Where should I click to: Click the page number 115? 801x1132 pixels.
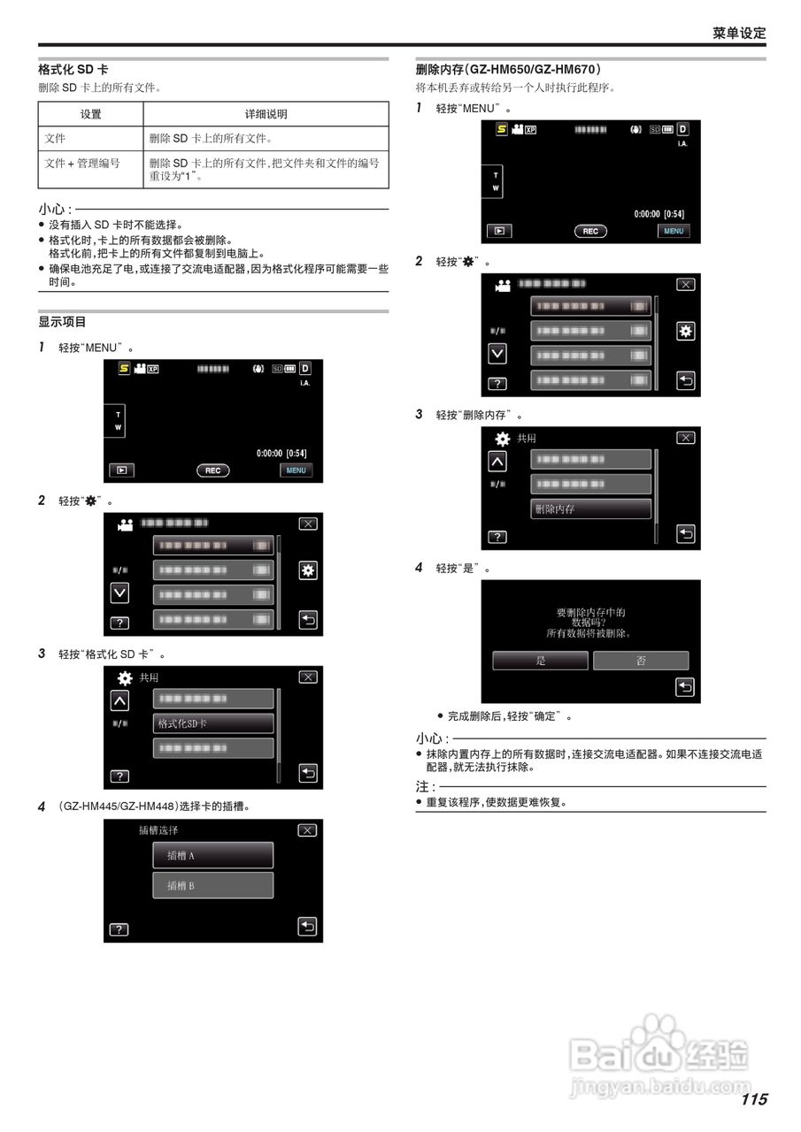[x=754, y=1099]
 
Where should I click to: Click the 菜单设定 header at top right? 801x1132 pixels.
[x=739, y=33]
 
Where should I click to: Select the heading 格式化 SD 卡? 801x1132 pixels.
[x=73, y=69]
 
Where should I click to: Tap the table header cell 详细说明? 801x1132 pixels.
[x=266, y=114]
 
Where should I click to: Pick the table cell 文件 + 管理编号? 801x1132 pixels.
[x=82, y=163]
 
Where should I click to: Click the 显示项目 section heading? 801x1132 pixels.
[x=62, y=322]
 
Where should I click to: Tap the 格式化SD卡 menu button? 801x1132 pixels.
[x=213, y=723]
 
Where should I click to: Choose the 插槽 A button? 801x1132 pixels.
[x=212, y=855]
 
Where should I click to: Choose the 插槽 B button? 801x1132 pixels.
[x=212, y=885]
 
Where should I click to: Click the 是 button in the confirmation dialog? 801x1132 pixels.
[x=540, y=661]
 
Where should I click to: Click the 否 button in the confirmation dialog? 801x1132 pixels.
[x=641, y=661]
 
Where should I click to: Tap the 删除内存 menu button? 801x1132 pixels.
[x=590, y=509]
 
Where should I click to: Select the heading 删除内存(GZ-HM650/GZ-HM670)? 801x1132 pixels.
[x=508, y=69]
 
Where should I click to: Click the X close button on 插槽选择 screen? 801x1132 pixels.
[x=307, y=830]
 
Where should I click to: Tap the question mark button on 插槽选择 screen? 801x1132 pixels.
[x=119, y=929]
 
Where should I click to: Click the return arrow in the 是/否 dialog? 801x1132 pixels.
[x=685, y=686]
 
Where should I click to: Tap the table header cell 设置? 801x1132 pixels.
[x=90, y=114]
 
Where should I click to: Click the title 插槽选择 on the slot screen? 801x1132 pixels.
[x=158, y=830]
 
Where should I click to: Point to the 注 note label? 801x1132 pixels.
[x=424, y=786]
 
